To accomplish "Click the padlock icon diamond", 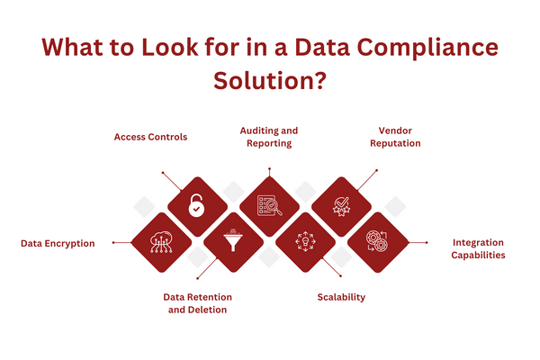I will coord(197,207).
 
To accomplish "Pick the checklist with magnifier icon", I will coord(269,207).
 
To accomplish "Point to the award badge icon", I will coord(341,207).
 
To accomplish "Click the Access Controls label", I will coord(150,137).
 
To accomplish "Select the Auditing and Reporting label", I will coord(269,137).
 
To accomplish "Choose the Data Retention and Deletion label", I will coord(197,303).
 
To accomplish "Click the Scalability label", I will coord(341,297).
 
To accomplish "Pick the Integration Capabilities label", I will coord(478,248).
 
